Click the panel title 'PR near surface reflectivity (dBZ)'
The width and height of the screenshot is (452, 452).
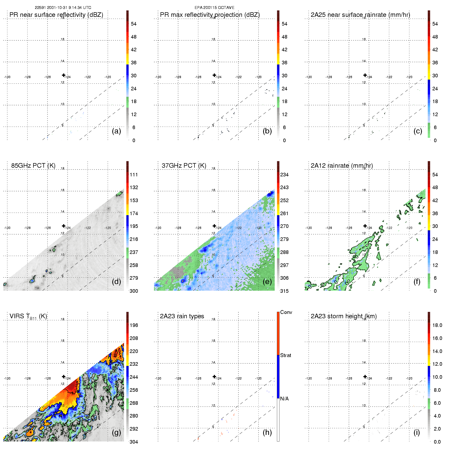click(x=56, y=15)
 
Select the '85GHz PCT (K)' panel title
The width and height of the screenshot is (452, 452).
click(x=33, y=166)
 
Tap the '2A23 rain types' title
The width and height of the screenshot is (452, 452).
click(x=182, y=316)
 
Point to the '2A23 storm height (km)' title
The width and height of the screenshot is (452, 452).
click(x=344, y=316)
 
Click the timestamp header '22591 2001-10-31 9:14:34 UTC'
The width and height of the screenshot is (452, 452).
click(x=63, y=8)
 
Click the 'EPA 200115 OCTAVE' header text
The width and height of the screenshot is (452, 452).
click(x=214, y=8)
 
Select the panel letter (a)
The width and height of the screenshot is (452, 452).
click(x=116, y=131)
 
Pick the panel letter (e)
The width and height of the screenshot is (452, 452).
click(x=267, y=282)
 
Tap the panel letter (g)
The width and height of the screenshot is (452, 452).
click(x=116, y=432)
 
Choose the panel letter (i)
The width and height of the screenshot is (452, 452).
click(x=417, y=432)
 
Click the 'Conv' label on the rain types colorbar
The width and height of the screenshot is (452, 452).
click(x=286, y=312)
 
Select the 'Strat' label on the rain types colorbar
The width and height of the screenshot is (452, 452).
click(x=286, y=356)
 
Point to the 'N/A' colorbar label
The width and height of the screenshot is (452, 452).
click(x=284, y=399)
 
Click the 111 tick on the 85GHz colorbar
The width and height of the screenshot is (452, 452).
click(x=134, y=175)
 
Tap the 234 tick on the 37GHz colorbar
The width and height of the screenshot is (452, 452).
click(x=284, y=175)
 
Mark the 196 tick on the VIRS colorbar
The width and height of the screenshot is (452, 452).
click(x=134, y=325)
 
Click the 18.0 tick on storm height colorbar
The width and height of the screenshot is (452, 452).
click(x=437, y=325)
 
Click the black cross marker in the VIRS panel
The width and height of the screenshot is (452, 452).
click(x=64, y=377)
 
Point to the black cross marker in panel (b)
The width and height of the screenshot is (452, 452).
click(x=214, y=75)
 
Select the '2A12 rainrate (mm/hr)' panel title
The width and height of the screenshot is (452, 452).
click(x=342, y=166)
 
